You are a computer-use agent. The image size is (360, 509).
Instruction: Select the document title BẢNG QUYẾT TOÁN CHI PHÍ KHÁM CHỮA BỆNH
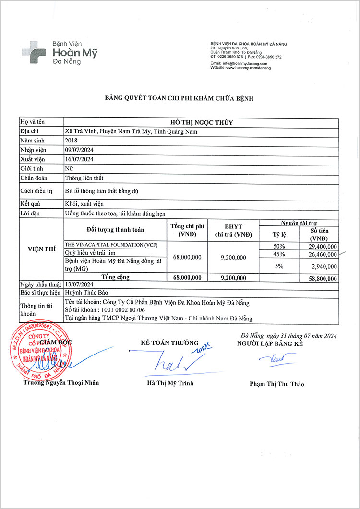click(x=179, y=98)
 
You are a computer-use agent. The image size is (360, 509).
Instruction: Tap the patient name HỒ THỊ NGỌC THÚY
click(x=202, y=122)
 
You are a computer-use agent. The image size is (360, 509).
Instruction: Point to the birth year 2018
click(x=71, y=141)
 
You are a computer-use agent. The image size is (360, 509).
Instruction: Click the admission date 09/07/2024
click(x=79, y=150)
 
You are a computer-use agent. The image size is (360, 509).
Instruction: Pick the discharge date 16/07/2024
click(x=79, y=159)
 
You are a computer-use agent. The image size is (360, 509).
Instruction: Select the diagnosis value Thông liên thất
click(x=84, y=178)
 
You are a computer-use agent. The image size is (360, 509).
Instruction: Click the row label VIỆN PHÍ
click(x=41, y=249)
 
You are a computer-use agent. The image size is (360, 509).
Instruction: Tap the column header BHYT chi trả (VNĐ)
click(x=233, y=230)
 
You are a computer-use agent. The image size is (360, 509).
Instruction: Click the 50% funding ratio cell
click(x=278, y=246)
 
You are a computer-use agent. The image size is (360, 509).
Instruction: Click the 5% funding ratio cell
click(x=278, y=266)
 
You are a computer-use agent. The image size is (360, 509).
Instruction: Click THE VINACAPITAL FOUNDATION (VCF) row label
click(x=111, y=245)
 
